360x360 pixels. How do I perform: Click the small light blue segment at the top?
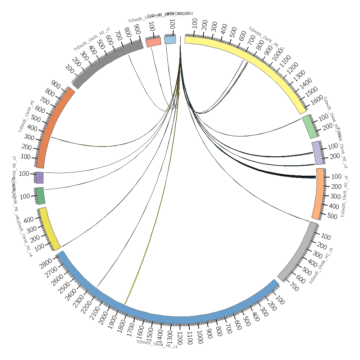170,40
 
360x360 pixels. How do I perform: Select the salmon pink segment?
153,42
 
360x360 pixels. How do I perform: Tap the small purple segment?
40,177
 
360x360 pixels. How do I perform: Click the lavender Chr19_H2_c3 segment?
318,153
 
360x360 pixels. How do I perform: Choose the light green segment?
310,127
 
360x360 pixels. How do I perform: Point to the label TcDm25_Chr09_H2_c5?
321,265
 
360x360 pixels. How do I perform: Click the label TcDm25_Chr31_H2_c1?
92,40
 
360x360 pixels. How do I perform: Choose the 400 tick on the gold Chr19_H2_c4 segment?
29,219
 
